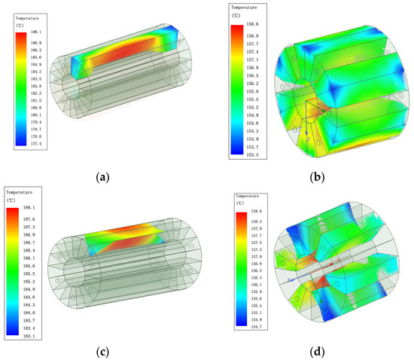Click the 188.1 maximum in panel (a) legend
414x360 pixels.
point(35,32)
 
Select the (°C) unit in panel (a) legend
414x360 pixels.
point(20,24)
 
